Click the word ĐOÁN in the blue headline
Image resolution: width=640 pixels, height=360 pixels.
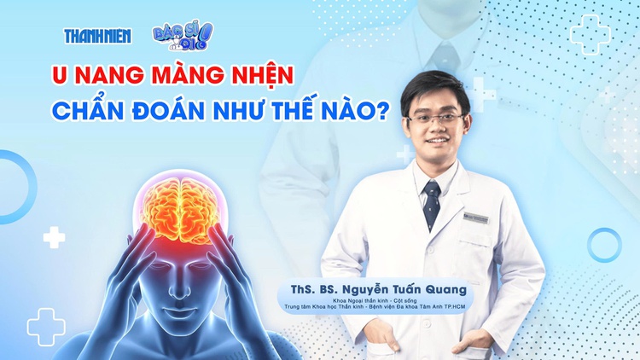coord(172,113)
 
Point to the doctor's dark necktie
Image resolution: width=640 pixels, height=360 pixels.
coord(433,205)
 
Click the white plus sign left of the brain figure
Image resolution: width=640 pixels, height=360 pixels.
coord(55,237)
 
